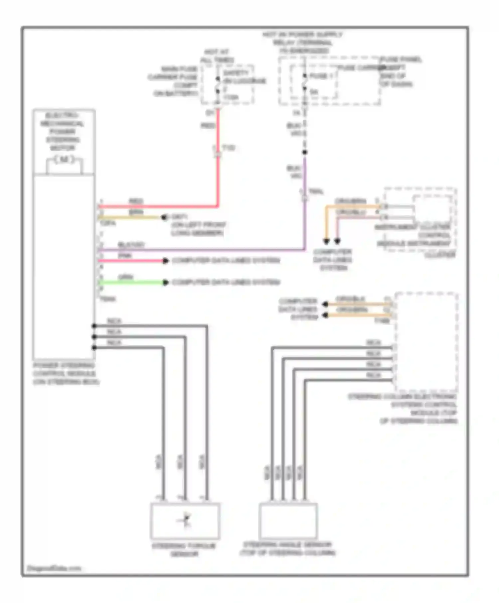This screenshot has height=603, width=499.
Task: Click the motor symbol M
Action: tap(64, 160)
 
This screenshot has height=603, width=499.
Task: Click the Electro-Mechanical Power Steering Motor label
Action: tap(63, 132)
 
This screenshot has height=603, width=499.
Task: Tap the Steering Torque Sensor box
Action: tap(185, 521)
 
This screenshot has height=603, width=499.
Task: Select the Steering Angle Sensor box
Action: tap(288, 521)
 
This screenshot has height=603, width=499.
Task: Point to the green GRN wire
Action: tap(131, 283)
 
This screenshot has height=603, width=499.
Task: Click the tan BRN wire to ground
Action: tap(130, 217)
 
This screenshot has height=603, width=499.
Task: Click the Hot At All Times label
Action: tap(217, 56)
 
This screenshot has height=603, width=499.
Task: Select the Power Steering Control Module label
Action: tap(65, 373)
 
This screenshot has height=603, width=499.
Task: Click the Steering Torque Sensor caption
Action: tap(184, 550)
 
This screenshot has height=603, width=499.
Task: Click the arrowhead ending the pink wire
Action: tap(165, 261)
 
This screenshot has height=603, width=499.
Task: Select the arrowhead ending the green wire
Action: tap(165, 283)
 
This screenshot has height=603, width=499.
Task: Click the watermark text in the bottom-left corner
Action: tap(54, 568)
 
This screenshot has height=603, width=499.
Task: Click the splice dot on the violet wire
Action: tap(304, 152)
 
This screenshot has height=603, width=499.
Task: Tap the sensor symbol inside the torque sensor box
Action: tap(185, 521)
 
